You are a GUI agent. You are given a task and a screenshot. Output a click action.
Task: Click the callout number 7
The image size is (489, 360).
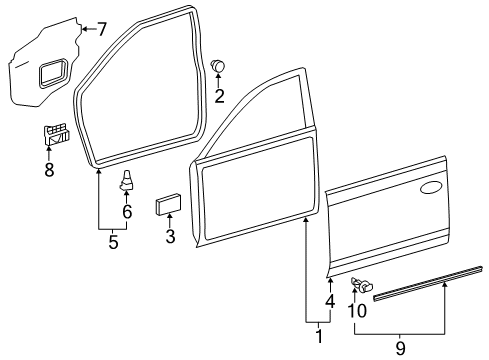tap(101, 29)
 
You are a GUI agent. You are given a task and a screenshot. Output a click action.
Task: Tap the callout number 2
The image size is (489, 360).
tap(219, 96)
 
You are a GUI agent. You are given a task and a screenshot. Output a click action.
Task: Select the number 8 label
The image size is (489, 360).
tap(49, 170)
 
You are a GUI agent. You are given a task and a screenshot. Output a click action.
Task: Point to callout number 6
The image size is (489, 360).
tap(127, 212)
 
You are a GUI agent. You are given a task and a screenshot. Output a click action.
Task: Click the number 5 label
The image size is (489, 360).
tap(113, 242)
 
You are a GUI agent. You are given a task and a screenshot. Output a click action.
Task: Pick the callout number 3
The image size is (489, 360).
tap(170, 236)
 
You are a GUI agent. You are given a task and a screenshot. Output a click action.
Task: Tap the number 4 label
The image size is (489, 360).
tap(330, 301)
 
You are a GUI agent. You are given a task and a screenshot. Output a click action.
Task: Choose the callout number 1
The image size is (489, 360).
tap(319, 336)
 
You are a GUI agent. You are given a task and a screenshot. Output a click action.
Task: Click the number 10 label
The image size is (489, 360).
tap(357, 311)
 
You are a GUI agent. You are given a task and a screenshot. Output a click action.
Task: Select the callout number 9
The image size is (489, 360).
tap(400, 349)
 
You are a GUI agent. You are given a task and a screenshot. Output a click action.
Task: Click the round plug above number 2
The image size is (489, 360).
tap(218, 65)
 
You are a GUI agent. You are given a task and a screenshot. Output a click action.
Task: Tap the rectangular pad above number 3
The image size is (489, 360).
tap(168, 204)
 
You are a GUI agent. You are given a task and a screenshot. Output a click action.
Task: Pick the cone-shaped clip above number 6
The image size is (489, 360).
tap(126, 180)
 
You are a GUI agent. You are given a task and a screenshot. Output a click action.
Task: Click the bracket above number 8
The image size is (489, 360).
tap(57, 134)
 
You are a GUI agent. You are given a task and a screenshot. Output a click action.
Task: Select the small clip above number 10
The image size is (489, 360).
tap(362, 285)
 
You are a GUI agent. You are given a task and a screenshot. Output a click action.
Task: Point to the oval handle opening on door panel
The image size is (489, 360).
tap(431, 188)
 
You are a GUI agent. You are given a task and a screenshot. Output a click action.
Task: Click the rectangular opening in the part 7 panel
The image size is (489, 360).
tap(53, 73)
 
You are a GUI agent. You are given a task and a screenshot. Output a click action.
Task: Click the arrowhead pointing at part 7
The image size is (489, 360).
tap(85, 29)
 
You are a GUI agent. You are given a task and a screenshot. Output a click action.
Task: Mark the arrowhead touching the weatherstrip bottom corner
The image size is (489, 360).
tap(99, 172)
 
